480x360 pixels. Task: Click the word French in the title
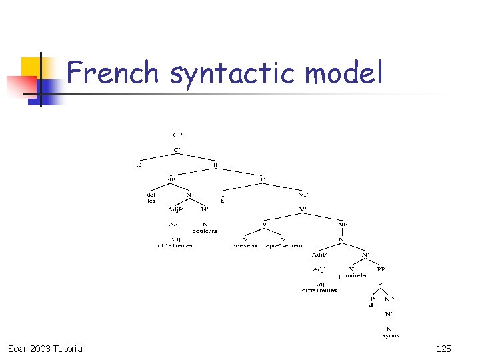coord(113,73)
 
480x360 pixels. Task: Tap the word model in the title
coord(345,73)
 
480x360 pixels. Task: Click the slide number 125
coord(443,349)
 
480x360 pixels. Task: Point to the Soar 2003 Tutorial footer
coord(46,349)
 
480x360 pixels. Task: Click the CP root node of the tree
coord(177,135)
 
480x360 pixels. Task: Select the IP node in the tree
coord(216,165)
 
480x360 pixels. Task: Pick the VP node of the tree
coord(303,195)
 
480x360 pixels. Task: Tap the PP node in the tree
coord(381,269)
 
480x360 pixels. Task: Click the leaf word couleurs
coord(205,231)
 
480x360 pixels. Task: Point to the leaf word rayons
coord(390,335)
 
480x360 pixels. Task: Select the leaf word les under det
coord(151,201)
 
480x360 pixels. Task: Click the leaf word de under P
coord(373,305)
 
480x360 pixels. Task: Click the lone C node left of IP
coord(139,165)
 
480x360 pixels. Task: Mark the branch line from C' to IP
coord(197,157)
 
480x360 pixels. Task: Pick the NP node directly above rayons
coord(389,299)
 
